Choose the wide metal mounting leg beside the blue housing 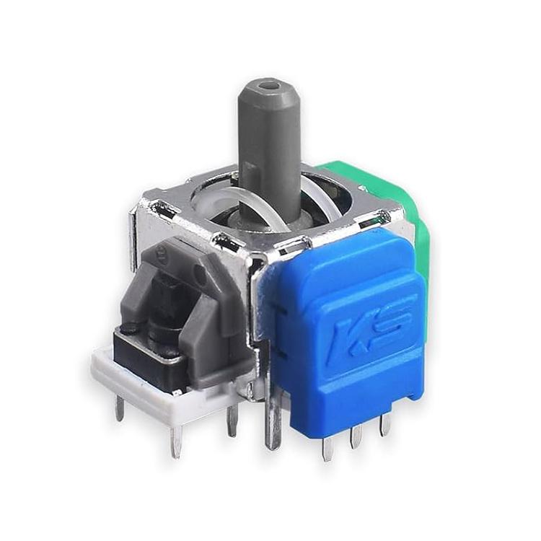(273, 418)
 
